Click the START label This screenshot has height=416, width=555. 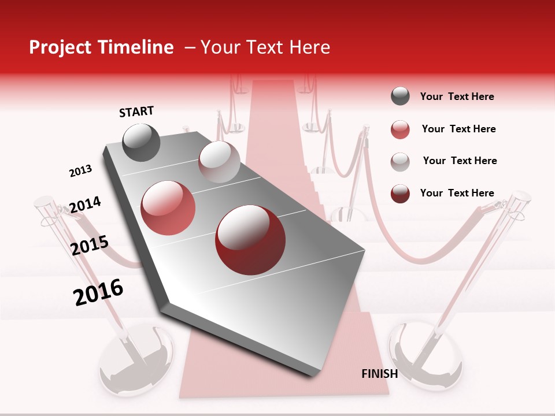136,112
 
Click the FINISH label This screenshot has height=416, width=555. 379,374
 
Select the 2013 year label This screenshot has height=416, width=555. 80,171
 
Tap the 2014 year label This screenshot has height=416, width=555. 85,205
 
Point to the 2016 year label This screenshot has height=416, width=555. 98,292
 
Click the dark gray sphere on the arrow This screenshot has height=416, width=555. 141,143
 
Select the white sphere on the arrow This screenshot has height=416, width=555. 219,161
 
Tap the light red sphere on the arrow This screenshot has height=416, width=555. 168,208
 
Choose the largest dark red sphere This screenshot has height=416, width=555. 250,240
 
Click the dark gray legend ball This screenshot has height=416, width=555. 400,96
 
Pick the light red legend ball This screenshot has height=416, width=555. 400,129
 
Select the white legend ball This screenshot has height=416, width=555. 400,161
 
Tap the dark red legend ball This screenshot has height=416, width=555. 400,194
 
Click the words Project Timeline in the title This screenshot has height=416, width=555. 101,47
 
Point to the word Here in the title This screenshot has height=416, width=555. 310,47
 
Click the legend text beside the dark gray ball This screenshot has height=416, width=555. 457,96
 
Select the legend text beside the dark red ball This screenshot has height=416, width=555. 457,193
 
